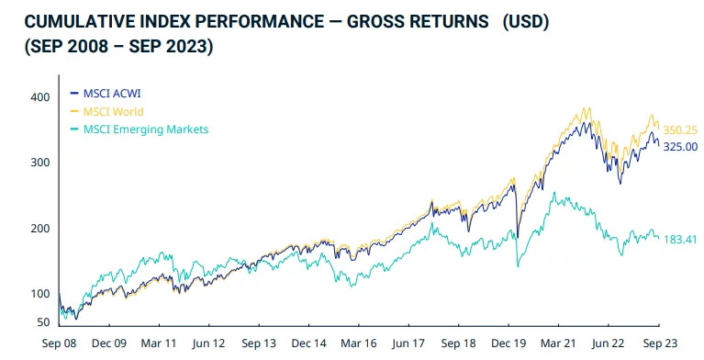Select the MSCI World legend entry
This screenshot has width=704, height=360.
(x=115, y=111)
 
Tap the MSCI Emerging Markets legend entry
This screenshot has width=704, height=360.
(x=145, y=129)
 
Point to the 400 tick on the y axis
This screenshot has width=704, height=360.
(x=39, y=96)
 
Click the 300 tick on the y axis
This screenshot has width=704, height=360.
(x=39, y=163)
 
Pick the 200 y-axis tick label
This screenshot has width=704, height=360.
(x=39, y=228)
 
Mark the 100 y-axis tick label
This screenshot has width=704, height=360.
(x=39, y=294)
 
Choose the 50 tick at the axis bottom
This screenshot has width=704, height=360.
(x=41, y=322)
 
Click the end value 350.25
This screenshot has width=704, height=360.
(x=680, y=131)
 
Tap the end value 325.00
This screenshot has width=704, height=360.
(x=680, y=146)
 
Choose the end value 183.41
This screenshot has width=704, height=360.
(x=680, y=240)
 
